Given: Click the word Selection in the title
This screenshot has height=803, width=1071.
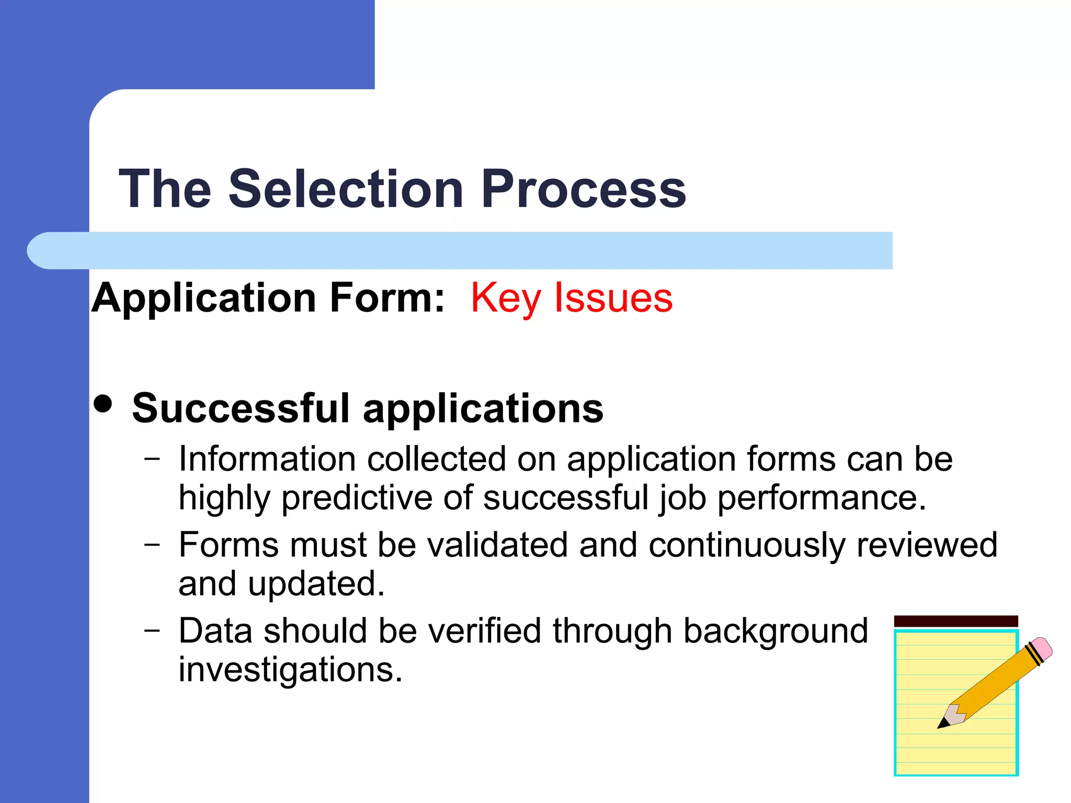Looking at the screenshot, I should (x=346, y=189).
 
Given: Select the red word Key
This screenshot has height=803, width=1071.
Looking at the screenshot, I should (x=505, y=298).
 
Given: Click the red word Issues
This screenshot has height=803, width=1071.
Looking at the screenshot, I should (x=613, y=298).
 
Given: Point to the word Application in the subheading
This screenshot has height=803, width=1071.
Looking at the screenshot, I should (x=204, y=298).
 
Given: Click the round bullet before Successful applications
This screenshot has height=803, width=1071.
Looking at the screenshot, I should (x=103, y=404).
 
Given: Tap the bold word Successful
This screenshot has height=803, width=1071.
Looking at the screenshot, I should (x=241, y=408).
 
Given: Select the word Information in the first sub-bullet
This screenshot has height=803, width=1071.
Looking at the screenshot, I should (x=267, y=459).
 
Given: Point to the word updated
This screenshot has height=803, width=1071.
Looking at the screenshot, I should (x=316, y=584).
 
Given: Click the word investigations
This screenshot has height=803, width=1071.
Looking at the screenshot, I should (x=290, y=670).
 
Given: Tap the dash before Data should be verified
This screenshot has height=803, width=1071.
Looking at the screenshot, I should (x=152, y=630).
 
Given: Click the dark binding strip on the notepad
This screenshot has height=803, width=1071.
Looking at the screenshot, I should (x=955, y=621).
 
